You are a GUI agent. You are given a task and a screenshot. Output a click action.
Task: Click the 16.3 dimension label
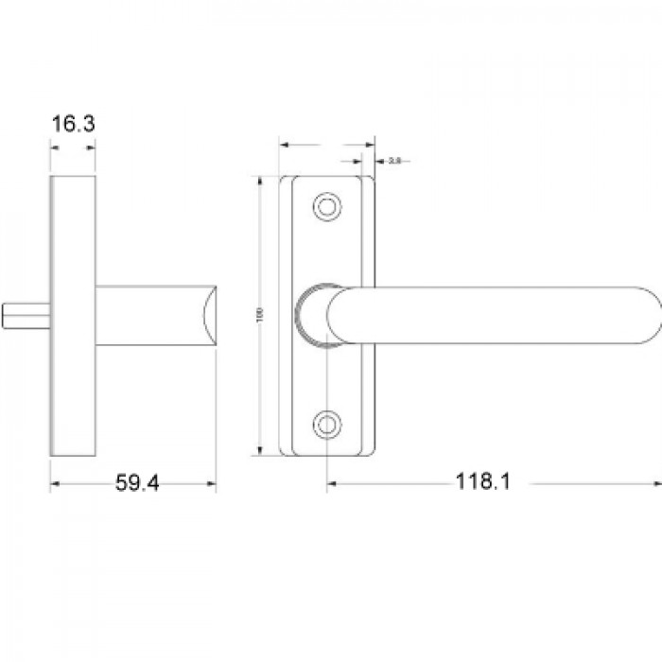click(74, 124)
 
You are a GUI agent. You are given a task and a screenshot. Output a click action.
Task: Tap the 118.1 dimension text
click(483, 482)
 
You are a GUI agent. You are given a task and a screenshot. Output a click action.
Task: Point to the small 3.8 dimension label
click(395, 162)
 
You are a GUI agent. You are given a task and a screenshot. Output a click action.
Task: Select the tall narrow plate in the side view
click(73, 316)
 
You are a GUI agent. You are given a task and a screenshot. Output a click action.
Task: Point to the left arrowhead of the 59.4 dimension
click(53, 483)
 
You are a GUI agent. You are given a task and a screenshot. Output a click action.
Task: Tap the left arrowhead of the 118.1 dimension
click(331, 483)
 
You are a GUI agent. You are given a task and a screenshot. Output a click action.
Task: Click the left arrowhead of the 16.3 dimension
click(54, 148)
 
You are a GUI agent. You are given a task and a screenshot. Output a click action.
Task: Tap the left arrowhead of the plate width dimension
click(284, 146)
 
